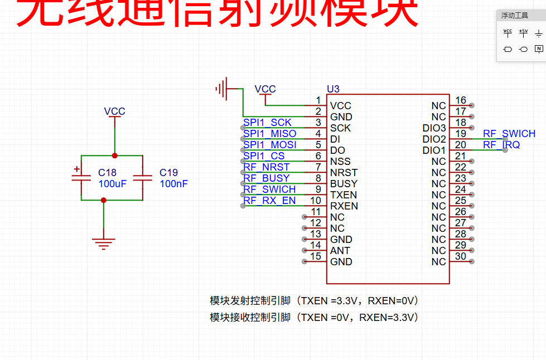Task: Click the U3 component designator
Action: tap(333, 89)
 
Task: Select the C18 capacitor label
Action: tap(107, 173)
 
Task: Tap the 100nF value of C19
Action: tap(173, 184)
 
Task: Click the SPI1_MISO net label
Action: tap(270, 134)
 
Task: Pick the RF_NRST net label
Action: tap(267, 167)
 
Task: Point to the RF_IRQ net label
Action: tap(501, 145)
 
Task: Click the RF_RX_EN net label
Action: tap(270, 201)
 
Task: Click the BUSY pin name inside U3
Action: tap(344, 184)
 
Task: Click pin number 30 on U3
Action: tap(461, 256)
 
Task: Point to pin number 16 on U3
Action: tap(461, 101)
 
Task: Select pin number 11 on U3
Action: tap(316, 212)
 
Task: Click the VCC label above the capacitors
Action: tap(115, 111)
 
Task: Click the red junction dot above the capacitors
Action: tap(115, 155)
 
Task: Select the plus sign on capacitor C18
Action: tap(76, 169)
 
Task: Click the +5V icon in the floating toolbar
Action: tap(523, 33)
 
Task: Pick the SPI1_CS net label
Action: tap(264, 156)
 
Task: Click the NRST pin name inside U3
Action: tap(344, 173)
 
